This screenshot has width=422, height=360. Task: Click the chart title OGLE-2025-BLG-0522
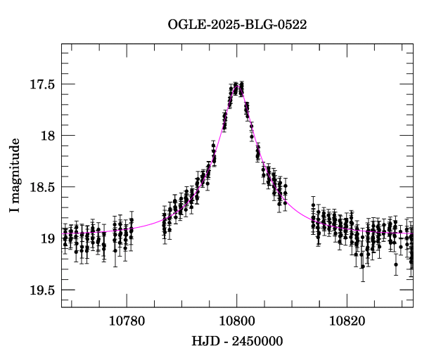tap(237, 24)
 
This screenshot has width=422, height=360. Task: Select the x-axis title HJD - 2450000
tap(237, 341)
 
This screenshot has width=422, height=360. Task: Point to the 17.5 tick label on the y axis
tap(43, 84)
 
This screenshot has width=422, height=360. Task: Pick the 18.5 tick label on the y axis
tap(43, 187)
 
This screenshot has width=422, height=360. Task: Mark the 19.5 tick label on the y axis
tap(43, 290)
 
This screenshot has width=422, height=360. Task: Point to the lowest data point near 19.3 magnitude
tap(363, 266)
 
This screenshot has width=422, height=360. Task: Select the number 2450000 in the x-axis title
tap(257, 341)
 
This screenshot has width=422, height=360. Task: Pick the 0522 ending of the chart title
tap(293, 24)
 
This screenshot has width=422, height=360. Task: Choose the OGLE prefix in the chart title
tap(184, 24)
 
